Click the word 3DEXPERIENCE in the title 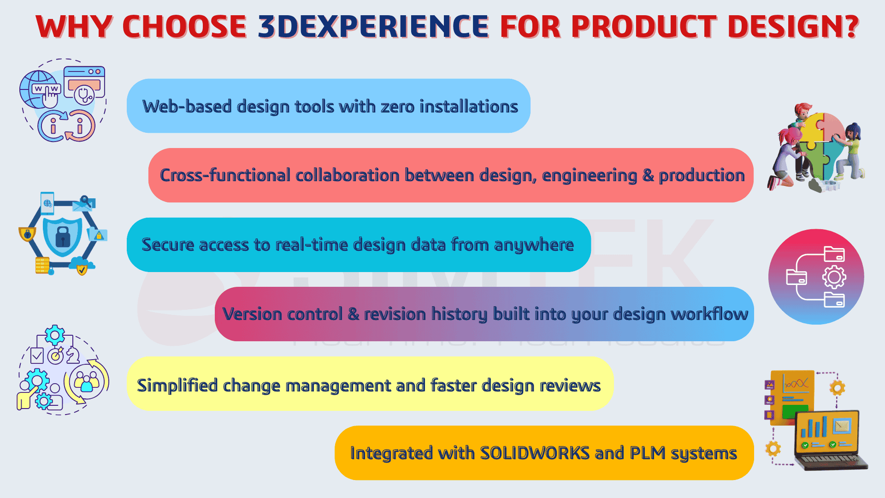click(x=373, y=26)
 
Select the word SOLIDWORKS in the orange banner click(x=535, y=453)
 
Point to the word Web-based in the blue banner click(x=187, y=106)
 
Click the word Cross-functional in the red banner click(x=225, y=175)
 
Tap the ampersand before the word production click(x=648, y=175)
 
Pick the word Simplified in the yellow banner click(x=177, y=385)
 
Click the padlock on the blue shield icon click(x=63, y=236)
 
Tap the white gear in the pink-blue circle click(x=834, y=277)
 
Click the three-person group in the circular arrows click(x=87, y=381)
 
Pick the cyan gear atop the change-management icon click(x=55, y=335)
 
